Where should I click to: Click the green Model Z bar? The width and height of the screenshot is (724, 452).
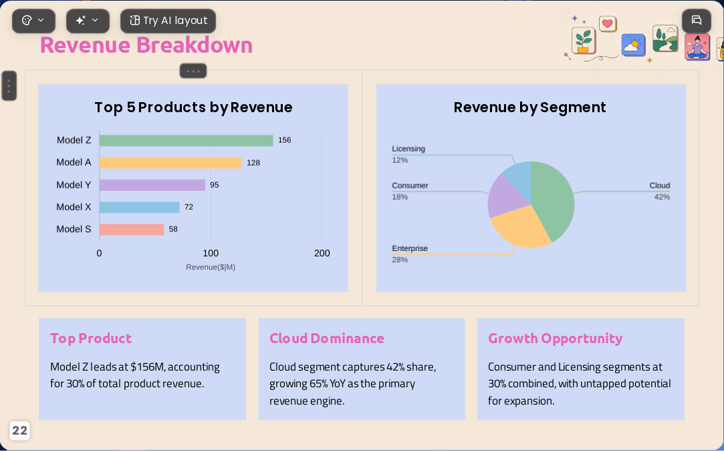(186, 140)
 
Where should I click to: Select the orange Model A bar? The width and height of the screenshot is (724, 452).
(170, 163)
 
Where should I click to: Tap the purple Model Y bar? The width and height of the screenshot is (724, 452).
(152, 185)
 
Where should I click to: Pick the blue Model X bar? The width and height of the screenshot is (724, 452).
(139, 207)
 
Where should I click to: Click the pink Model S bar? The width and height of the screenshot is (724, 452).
(132, 229)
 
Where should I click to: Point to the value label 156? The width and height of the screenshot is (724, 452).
(284, 140)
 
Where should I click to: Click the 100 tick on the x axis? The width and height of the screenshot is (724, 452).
(211, 253)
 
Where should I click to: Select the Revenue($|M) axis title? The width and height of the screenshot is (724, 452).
(211, 267)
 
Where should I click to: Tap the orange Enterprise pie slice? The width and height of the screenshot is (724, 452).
(519, 226)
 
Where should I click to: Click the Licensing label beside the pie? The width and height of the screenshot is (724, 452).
(408, 148)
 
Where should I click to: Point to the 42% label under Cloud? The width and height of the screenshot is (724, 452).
(662, 197)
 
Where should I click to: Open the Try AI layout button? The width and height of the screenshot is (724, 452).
(168, 21)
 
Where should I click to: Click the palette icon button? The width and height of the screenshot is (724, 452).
(33, 21)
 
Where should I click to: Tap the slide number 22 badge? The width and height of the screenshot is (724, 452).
(19, 431)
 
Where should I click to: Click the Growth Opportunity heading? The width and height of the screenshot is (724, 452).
(555, 338)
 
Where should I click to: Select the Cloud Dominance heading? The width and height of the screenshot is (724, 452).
(326, 338)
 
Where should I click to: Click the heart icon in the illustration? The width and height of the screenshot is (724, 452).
(608, 23)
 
